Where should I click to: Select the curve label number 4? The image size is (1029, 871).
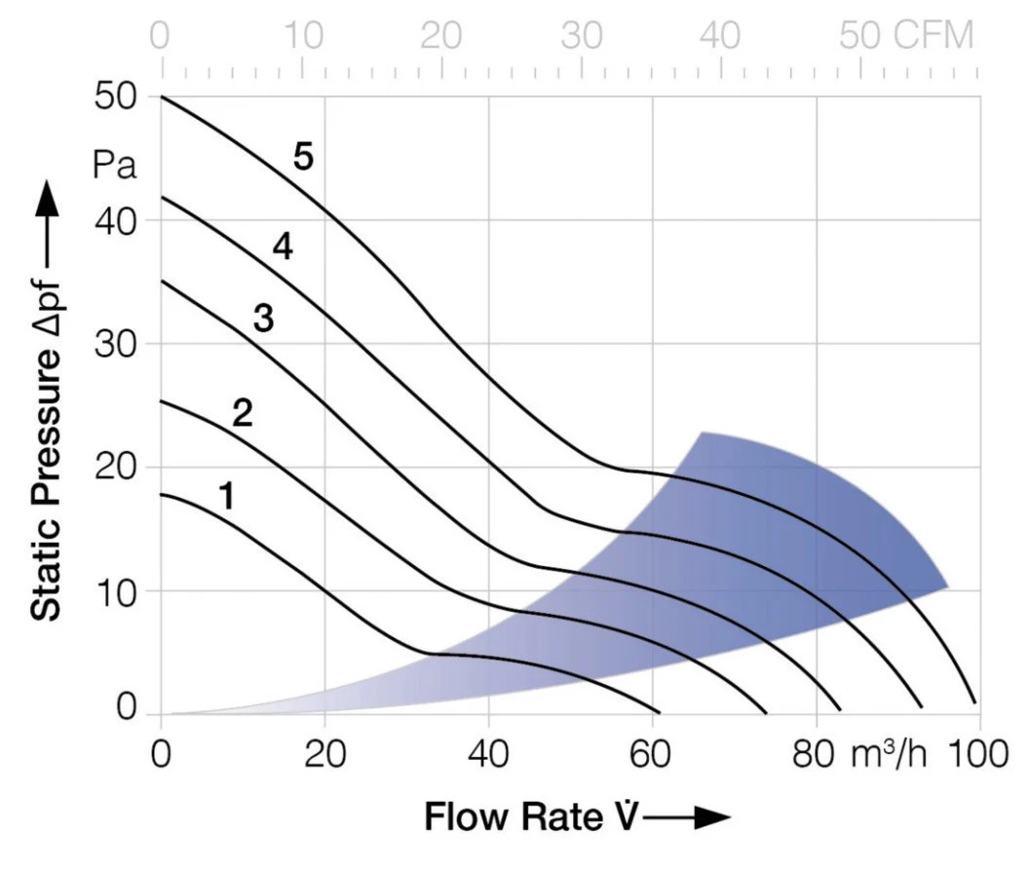click(282, 247)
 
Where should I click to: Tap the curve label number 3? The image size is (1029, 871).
click(263, 319)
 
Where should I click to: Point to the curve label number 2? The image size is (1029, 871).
click(243, 414)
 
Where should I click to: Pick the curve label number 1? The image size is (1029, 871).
click(226, 497)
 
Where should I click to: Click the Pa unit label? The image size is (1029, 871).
click(115, 165)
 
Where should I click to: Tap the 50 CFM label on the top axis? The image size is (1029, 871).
click(906, 36)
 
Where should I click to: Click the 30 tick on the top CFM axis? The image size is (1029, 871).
click(583, 36)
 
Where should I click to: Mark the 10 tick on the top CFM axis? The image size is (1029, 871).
click(305, 36)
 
